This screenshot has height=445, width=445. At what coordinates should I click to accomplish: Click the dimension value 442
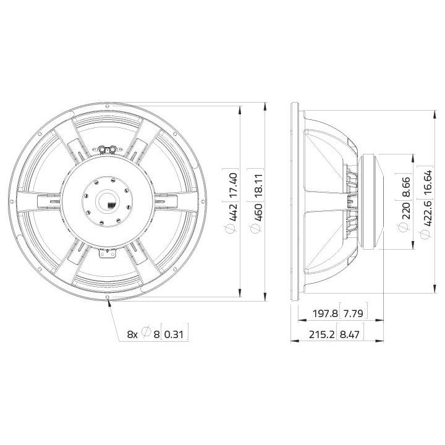(233, 212)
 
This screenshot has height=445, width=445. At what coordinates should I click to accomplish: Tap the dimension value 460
(259, 212)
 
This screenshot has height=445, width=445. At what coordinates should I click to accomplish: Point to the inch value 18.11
(259, 184)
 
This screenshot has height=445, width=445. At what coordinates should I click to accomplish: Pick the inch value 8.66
(405, 187)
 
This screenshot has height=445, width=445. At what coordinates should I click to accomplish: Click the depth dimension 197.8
(325, 314)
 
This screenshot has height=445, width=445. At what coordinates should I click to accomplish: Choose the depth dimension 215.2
(325, 334)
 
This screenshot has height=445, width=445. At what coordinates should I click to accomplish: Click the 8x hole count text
(132, 334)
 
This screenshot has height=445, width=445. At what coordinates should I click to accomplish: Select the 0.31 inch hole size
(176, 334)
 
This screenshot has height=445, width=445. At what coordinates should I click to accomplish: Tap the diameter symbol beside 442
(233, 229)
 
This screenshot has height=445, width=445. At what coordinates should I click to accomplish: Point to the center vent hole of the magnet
(107, 201)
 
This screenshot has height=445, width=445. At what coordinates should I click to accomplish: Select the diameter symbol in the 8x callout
(146, 334)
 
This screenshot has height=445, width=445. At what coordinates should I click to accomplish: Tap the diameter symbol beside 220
(405, 227)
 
